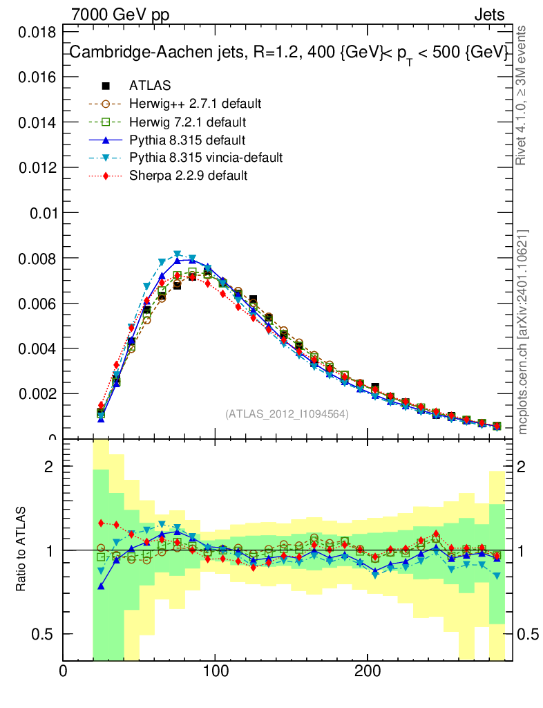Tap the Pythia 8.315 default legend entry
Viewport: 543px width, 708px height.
[x=187, y=140]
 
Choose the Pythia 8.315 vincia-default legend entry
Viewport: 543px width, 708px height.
[x=206, y=158]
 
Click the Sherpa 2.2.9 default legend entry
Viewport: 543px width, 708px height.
[x=188, y=176]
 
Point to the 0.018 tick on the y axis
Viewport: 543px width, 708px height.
[x=37, y=32]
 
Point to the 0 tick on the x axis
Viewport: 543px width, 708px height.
[x=64, y=670]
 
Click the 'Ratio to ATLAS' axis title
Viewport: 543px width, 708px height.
[x=22, y=550]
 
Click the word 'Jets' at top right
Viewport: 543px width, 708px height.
[x=488, y=15]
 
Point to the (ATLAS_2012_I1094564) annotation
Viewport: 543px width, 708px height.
[x=287, y=413]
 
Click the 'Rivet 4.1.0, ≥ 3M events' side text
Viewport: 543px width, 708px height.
[x=522, y=95]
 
